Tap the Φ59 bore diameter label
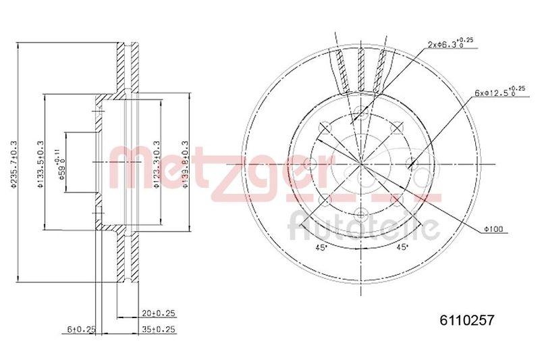pyautogui.click(x=62, y=162)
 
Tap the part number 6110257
pyautogui.click(x=462, y=323)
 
